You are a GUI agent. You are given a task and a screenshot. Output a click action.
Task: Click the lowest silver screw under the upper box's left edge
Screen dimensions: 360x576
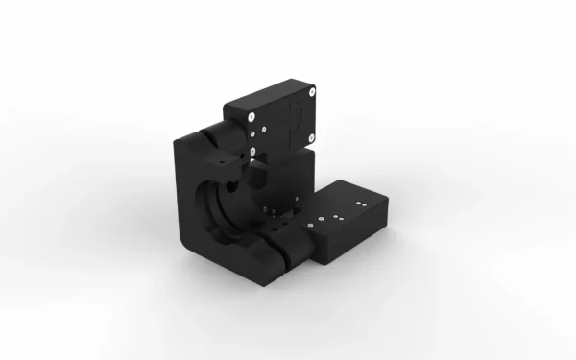click(x=251, y=152)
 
